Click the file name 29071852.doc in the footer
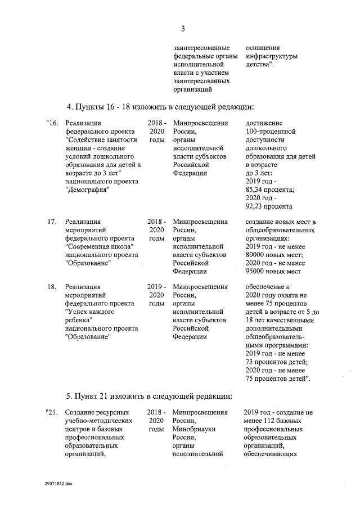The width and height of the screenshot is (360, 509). [58, 483]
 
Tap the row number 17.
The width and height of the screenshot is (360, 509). [51, 222]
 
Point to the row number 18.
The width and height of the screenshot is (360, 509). [51, 287]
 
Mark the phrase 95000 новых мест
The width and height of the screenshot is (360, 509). [273, 271]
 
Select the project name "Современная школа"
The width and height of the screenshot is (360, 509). [99, 246]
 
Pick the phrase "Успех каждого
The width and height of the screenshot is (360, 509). [92, 312]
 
